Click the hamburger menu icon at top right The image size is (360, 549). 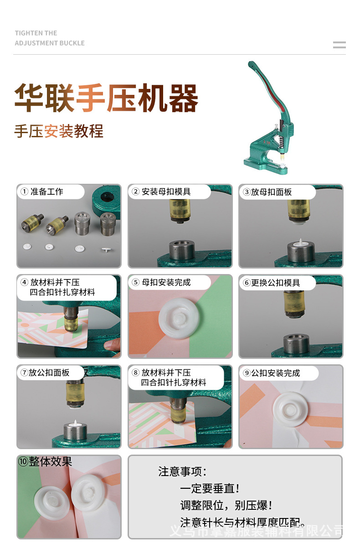(x=339, y=45)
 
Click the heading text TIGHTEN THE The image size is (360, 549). (x=36, y=33)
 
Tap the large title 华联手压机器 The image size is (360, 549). (x=106, y=98)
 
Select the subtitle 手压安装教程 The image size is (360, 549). (x=59, y=131)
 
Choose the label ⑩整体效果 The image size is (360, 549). (x=46, y=462)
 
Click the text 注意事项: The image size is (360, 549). (x=182, y=471)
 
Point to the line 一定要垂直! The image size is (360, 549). (x=210, y=489)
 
